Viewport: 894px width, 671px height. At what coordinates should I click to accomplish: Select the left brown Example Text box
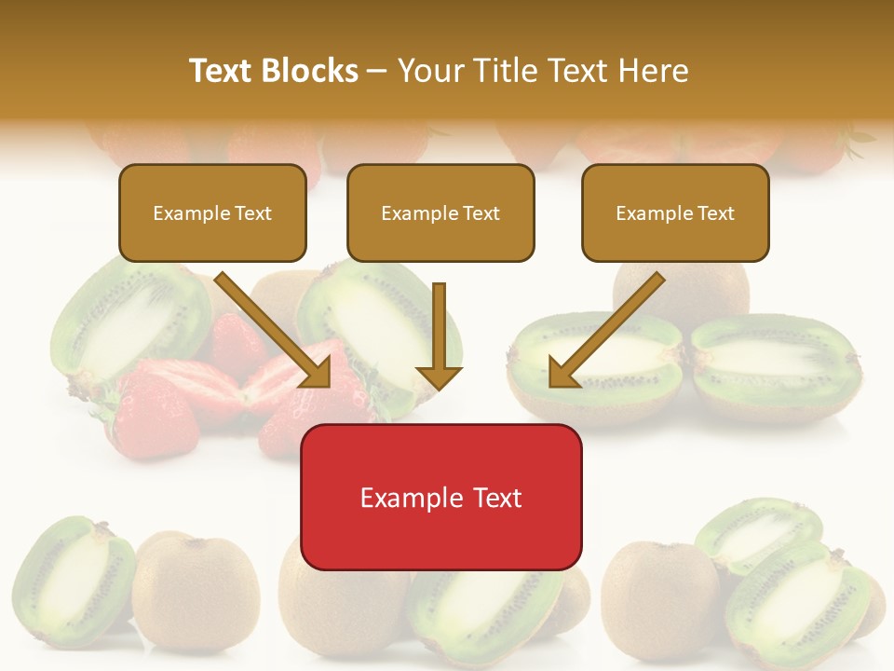[x=212, y=212]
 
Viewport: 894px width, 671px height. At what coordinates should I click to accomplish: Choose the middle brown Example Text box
[x=440, y=212]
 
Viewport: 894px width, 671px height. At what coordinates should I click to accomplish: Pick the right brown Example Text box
[x=675, y=212]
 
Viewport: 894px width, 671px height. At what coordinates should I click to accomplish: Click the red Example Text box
[x=440, y=498]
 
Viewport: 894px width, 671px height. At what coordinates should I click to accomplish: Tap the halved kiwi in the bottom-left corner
[x=70, y=582]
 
